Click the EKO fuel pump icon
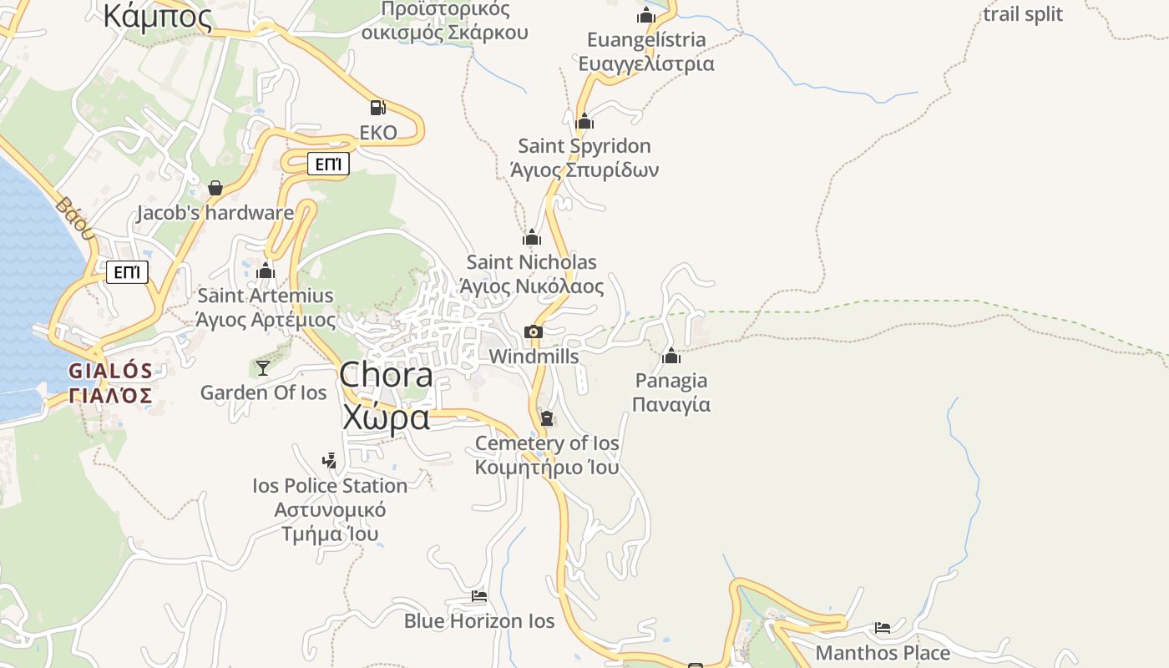[x=377, y=107]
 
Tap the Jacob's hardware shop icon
[x=215, y=188]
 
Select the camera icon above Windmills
[x=534, y=331]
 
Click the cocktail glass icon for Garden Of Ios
[x=263, y=367]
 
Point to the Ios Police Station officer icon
[x=330, y=460]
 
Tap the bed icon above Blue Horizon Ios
[x=479, y=596]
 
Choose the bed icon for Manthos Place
[x=883, y=627]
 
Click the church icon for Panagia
[x=671, y=357]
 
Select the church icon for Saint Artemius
[x=266, y=271]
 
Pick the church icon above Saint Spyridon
[x=584, y=121]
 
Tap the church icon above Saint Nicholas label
[x=532, y=237]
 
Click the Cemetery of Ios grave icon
[x=547, y=417]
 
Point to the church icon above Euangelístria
[x=646, y=15]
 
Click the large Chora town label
[x=386, y=375]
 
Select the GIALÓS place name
[x=110, y=371]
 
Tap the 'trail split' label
[x=1023, y=14]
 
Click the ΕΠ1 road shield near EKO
[x=328, y=164]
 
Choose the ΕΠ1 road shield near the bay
[x=127, y=272]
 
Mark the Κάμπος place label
[x=157, y=16]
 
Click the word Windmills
[x=534, y=357]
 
